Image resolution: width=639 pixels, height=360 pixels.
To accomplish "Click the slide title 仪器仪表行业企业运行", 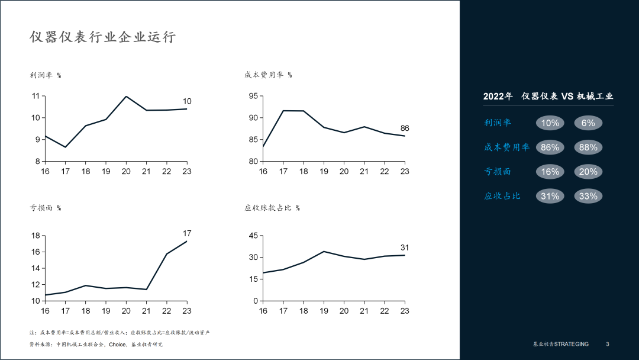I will pos(102,37).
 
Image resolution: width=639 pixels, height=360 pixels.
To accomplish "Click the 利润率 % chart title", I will pos(46,75).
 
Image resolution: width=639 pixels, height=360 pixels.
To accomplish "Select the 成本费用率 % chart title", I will pos(268,75).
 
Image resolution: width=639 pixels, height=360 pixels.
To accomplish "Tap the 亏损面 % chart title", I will pos(46,208).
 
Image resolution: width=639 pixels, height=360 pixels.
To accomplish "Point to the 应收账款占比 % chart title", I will pos(272,208).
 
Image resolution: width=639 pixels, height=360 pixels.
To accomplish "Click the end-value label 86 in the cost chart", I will pos(405,128).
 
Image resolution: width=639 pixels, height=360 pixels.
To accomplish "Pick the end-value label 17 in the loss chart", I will pos(187,233).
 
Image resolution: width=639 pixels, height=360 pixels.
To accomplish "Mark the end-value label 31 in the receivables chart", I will pos(405,247).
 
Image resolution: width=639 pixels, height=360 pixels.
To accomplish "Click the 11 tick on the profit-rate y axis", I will pos(35,96).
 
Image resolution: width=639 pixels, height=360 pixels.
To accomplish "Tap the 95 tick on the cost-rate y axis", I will pos(253,96).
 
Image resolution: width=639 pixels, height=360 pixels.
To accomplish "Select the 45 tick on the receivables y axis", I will pos(253,236).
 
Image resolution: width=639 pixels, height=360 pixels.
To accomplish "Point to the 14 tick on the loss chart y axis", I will pos(35,268).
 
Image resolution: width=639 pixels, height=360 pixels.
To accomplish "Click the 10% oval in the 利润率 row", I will pos(550,123).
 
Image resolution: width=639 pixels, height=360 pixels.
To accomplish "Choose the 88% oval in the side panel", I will pos(588,147).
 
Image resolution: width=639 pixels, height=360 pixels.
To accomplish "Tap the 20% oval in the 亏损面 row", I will pos(588,172).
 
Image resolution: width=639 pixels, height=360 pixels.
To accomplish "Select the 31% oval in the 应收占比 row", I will pos(550,196).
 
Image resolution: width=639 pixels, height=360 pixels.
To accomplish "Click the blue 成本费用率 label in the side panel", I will pos(507,147).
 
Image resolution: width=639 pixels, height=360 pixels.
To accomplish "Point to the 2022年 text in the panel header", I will pos(498,97).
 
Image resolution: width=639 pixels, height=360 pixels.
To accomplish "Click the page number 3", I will pos(608,344).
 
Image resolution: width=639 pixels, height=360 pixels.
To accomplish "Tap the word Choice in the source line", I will pos(117,345).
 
